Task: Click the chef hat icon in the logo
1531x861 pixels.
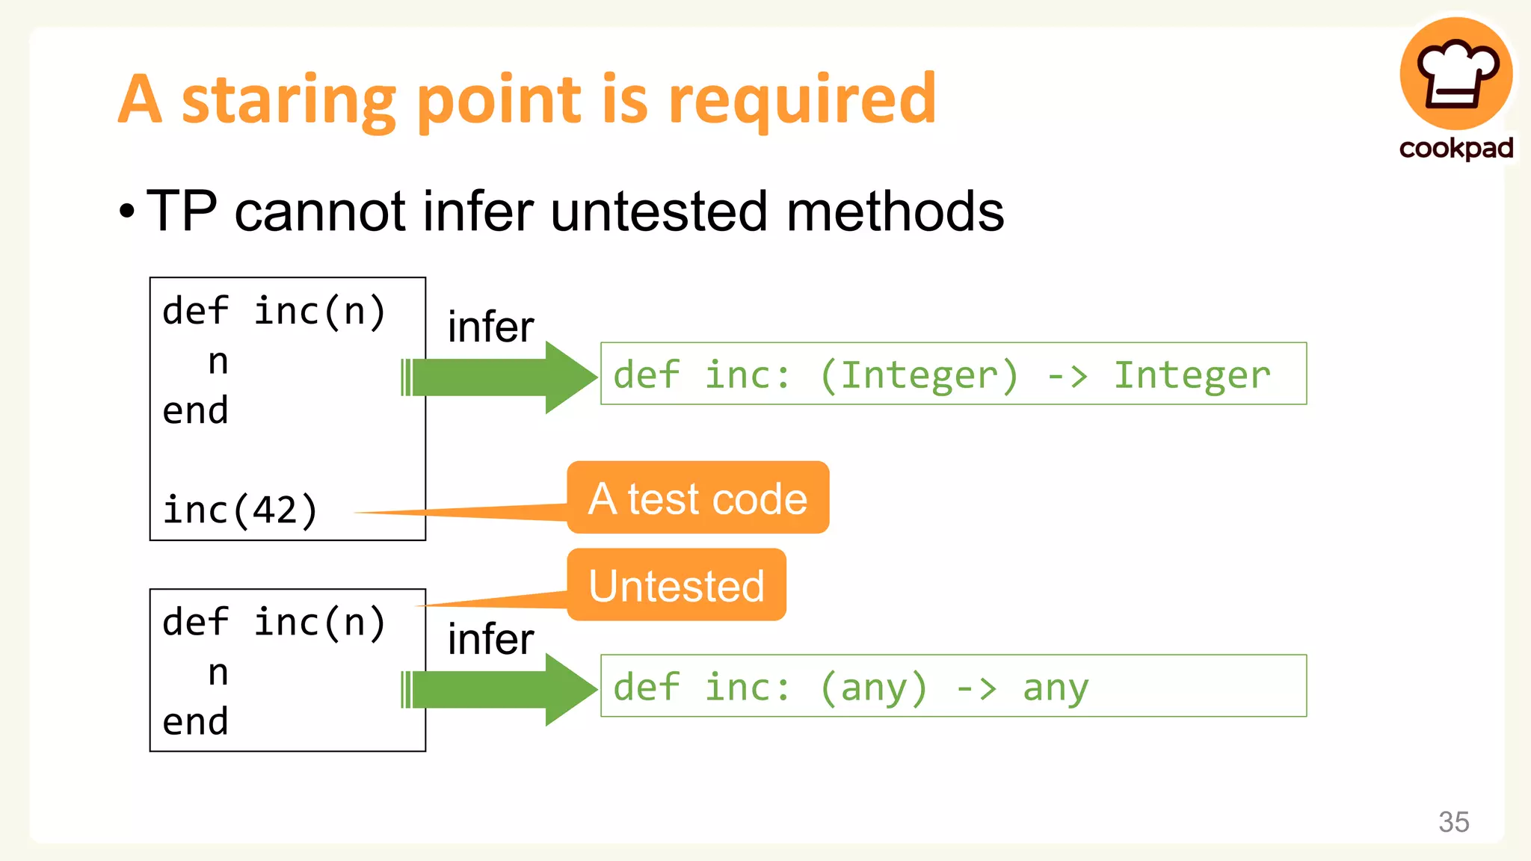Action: pyautogui.click(x=1456, y=74)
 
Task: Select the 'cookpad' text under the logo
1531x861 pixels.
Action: pyautogui.click(x=1455, y=147)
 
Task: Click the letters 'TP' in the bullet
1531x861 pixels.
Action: pyautogui.click(x=182, y=212)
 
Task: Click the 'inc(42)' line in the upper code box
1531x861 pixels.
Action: pyautogui.click(x=240, y=510)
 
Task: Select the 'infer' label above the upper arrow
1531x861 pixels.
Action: pyautogui.click(x=490, y=327)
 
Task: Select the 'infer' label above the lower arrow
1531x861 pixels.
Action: pyautogui.click(x=490, y=640)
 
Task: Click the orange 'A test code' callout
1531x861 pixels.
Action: pyautogui.click(x=697, y=499)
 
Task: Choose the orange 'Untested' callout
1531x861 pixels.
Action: pyautogui.click(x=677, y=585)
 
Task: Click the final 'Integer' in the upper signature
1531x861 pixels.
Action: pyautogui.click(x=1192, y=375)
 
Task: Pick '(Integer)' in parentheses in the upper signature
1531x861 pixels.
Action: pyautogui.click(x=919, y=375)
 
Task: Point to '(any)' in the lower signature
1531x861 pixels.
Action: pyautogui.click(x=874, y=688)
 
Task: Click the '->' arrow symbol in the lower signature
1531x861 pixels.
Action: pyautogui.click(x=976, y=688)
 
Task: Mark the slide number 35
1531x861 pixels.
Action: pyautogui.click(x=1453, y=821)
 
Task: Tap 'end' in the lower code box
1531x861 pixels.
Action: pyautogui.click(x=195, y=722)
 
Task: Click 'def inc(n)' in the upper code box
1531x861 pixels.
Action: pyautogui.click(x=274, y=311)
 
